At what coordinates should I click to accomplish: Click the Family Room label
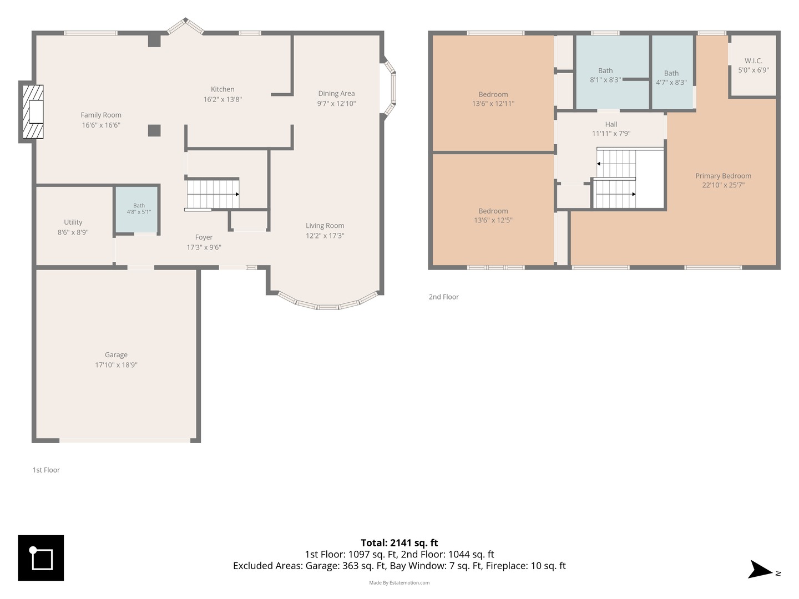[101, 115]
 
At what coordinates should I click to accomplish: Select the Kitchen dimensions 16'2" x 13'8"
[222, 99]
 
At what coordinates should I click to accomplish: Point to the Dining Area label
[336, 94]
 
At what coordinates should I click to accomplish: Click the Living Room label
[325, 226]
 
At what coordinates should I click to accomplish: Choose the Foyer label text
[204, 237]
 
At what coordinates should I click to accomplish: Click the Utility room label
[73, 222]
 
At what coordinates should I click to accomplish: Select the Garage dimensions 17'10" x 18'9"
[116, 365]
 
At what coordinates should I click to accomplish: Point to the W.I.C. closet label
[753, 61]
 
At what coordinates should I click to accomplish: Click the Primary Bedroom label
[723, 176]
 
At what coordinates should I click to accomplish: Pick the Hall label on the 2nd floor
[611, 124]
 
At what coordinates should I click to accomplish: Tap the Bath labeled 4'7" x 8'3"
[671, 78]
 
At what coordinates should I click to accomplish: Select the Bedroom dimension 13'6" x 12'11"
[493, 104]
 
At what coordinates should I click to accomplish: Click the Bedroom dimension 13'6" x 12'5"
[493, 220]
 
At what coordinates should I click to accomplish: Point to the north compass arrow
[759, 569]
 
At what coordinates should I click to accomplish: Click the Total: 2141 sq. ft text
[399, 542]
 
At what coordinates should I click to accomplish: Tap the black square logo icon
[41, 558]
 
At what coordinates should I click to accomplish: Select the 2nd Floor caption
[443, 297]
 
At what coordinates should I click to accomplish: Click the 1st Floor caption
[46, 470]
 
